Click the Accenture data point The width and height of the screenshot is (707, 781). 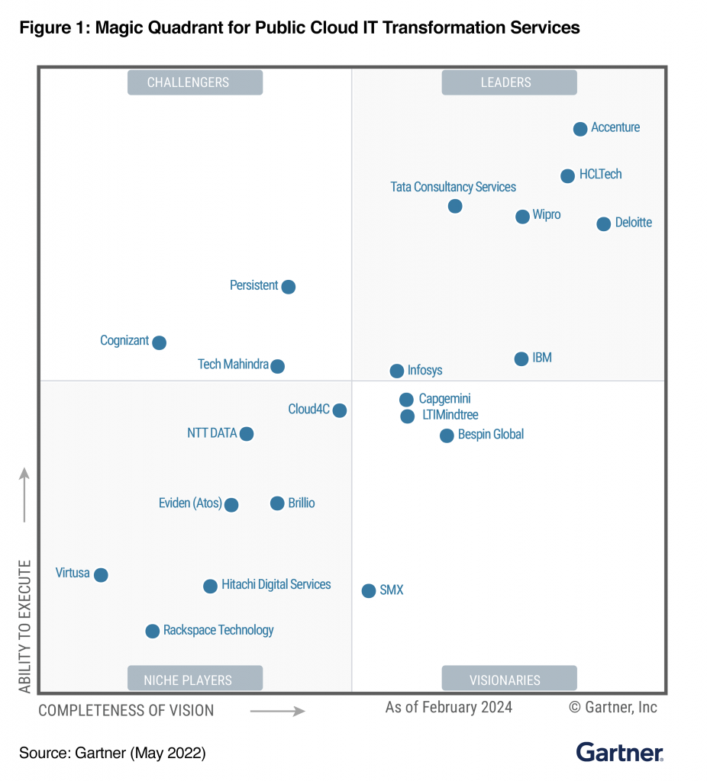(x=580, y=129)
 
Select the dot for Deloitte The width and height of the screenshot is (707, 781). (x=603, y=223)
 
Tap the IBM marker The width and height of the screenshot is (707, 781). (x=521, y=358)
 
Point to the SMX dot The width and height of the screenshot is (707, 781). (x=369, y=590)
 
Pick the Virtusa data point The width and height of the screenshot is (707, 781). (x=101, y=574)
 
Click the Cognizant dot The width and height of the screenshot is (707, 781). (x=159, y=342)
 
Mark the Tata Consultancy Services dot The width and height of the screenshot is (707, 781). (x=455, y=206)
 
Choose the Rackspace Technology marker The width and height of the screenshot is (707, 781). (x=153, y=631)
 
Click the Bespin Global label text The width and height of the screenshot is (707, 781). (x=491, y=435)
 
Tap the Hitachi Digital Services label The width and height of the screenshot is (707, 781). (x=276, y=585)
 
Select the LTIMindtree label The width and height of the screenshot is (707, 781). (x=450, y=416)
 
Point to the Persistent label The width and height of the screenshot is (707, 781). (x=254, y=285)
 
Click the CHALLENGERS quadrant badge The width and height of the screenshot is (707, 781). (x=195, y=82)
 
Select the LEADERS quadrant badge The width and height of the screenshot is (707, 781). (x=509, y=82)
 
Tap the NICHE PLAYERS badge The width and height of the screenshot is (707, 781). (x=195, y=679)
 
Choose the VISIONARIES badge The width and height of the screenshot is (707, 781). (x=509, y=679)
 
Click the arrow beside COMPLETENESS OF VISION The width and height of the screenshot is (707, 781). (x=277, y=711)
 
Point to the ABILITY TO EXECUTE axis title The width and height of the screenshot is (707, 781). (x=25, y=626)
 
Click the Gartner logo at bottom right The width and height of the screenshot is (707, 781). (x=619, y=752)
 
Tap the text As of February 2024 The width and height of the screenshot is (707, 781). (x=449, y=707)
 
